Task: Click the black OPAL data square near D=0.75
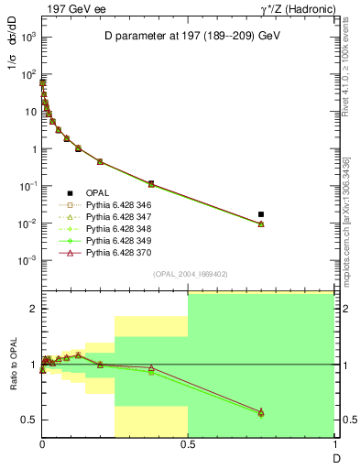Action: point(261,214)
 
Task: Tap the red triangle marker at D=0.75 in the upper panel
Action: point(261,224)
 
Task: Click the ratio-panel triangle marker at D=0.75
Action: point(261,412)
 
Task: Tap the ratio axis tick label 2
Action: point(31,309)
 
